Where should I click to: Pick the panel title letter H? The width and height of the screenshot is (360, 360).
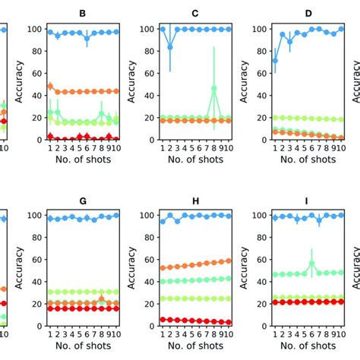point(195,200)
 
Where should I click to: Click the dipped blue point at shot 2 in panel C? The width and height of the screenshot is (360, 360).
point(171,47)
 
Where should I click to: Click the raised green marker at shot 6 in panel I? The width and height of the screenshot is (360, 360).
point(311,264)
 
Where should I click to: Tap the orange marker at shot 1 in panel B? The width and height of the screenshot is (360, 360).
point(50,87)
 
